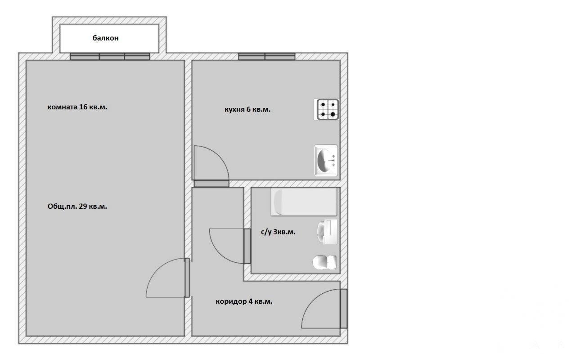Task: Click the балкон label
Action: (105, 38)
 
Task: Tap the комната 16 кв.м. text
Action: (77, 107)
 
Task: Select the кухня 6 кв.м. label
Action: (247, 109)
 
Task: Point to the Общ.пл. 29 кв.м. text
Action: (77, 207)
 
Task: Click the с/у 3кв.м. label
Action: (278, 232)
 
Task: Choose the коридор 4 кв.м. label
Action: (244, 301)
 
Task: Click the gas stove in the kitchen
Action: (327, 109)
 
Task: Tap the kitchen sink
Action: (326, 161)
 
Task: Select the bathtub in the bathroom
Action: (304, 202)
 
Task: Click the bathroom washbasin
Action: (327, 232)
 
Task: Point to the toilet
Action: (324, 262)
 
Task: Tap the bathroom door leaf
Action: (247, 246)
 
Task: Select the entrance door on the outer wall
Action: (344, 309)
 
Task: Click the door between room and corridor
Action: (187, 278)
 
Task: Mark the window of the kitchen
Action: (267, 57)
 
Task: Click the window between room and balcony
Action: (110, 57)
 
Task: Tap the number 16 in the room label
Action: (83, 107)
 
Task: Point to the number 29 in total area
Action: (83, 207)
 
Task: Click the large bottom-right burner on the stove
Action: (333, 114)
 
